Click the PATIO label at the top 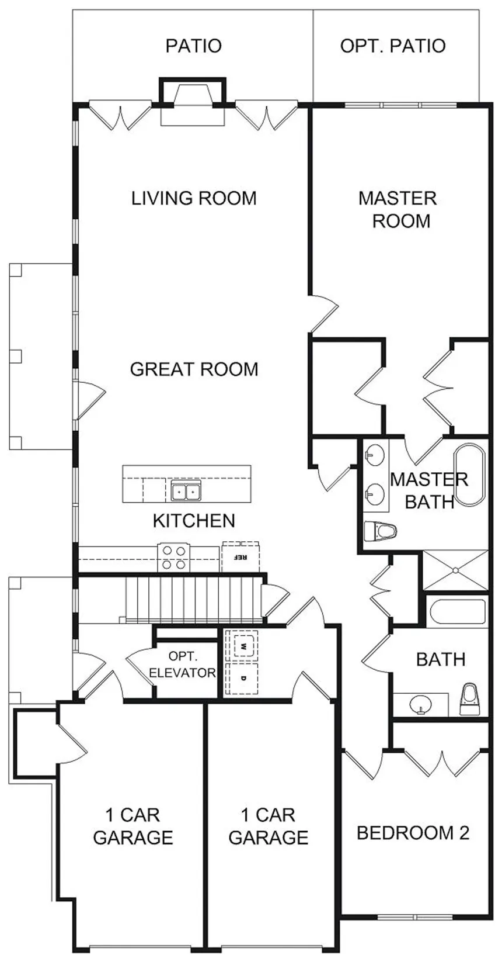(194, 46)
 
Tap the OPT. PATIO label (393, 46)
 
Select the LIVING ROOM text (194, 198)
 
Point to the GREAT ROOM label (194, 369)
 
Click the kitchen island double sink (186, 490)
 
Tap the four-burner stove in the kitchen (174, 558)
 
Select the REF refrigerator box (240, 556)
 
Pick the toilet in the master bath (380, 532)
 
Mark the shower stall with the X (455, 570)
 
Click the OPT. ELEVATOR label (182, 665)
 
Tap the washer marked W (243, 645)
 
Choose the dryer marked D (243, 679)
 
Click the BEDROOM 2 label (413, 833)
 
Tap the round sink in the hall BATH (420, 704)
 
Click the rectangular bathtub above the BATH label (457, 613)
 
